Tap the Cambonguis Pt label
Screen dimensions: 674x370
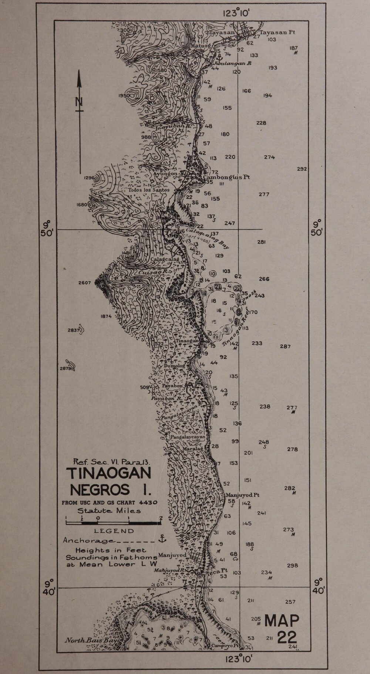pyautogui.click(x=226, y=177)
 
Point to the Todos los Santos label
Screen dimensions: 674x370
pyautogui.click(x=149, y=190)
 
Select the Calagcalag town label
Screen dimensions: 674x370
pyautogui.click(x=165, y=260)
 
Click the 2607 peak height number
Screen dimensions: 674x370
pyautogui.click(x=84, y=283)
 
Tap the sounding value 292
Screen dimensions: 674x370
pyautogui.click(x=302, y=169)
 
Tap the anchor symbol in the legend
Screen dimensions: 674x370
pyautogui.click(x=162, y=539)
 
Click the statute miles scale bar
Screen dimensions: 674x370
pyautogui.click(x=113, y=522)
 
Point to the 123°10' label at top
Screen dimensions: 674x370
pyautogui.click(x=237, y=13)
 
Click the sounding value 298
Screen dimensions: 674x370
pyautogui.click(x=292, y=565)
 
